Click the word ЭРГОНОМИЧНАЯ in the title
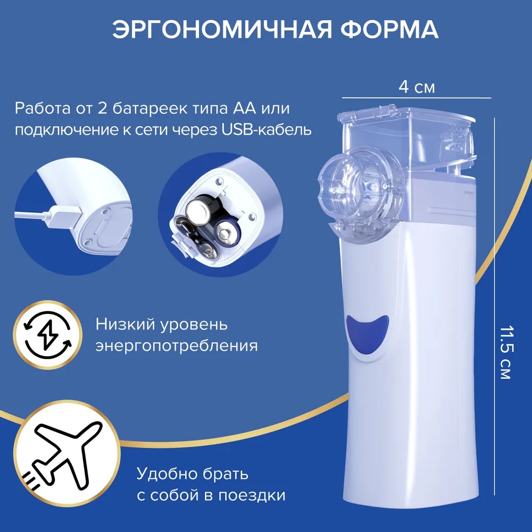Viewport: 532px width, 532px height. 222,29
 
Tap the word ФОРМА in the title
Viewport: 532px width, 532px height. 389,29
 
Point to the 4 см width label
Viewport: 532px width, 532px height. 417,87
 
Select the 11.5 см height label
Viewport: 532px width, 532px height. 505,353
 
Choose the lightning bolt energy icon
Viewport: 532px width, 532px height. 47,335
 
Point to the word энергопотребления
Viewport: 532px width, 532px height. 177,346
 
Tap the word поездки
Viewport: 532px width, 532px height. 252,495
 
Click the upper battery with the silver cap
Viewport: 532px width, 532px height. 202,210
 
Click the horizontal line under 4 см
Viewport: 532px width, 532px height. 417,98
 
